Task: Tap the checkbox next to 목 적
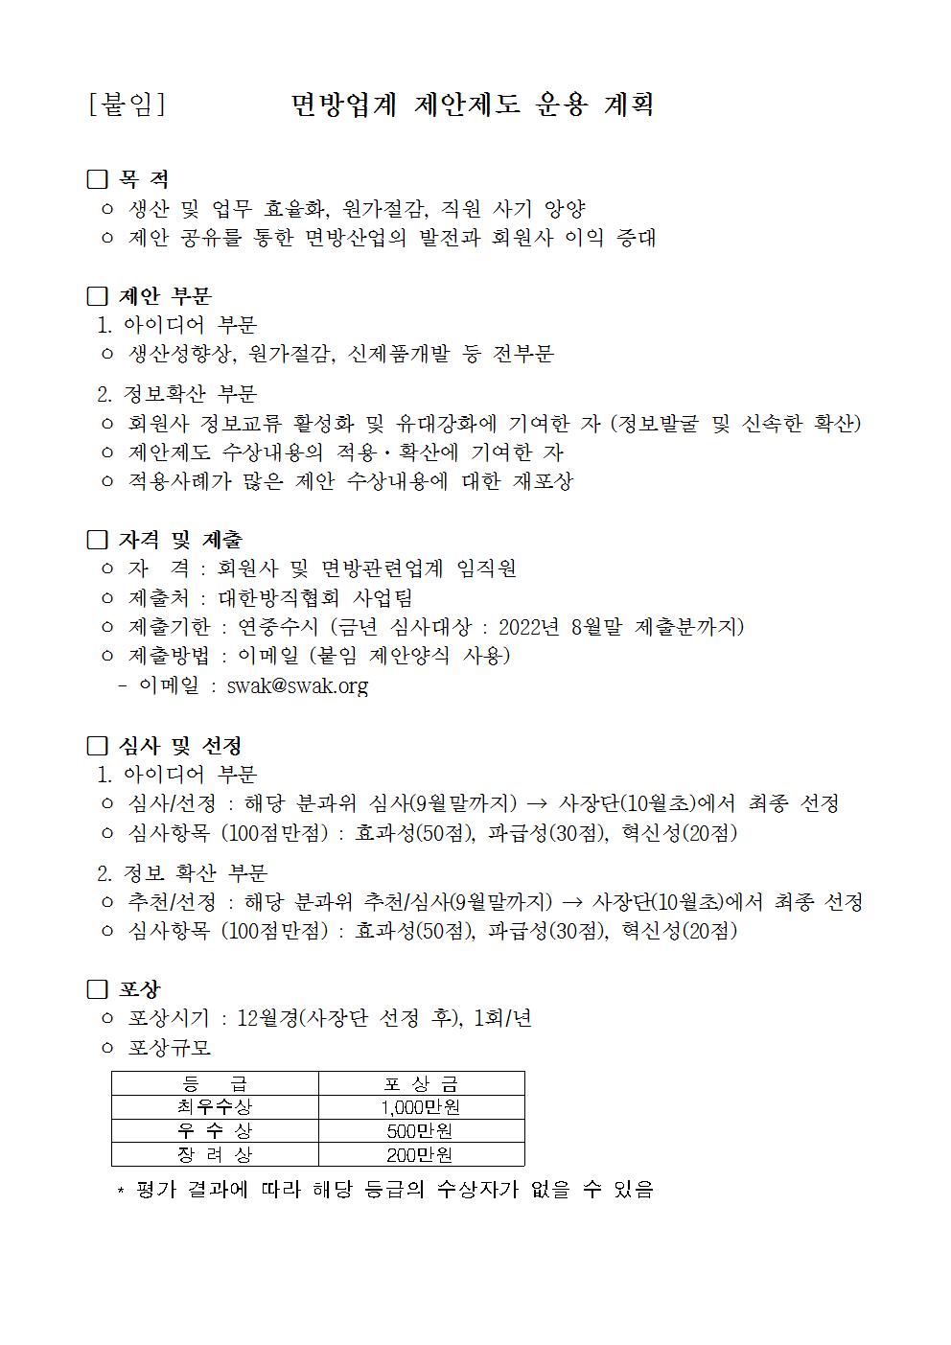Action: click(x=97, y=179)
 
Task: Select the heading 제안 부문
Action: click(x=165, y=296)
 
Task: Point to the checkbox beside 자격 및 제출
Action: click(x=97, y=540)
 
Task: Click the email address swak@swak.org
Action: click(x=297, y=685)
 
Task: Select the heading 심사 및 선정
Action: click(x=179, y=746)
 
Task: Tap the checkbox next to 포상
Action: click(x=97, y=989)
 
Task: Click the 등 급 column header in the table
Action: click(x=215, y=1084)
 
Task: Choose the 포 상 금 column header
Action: click(x=421, y=1084)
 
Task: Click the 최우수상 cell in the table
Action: click(x=215, y=1107)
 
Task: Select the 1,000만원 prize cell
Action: click(x=421, y=1107)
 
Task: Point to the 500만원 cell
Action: click(x=421, y=1131)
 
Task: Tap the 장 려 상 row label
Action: click(x=215, y=1154)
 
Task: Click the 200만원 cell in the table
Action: click(x=421, y=1154)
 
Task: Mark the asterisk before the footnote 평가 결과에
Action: click(x=121, y=1192)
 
